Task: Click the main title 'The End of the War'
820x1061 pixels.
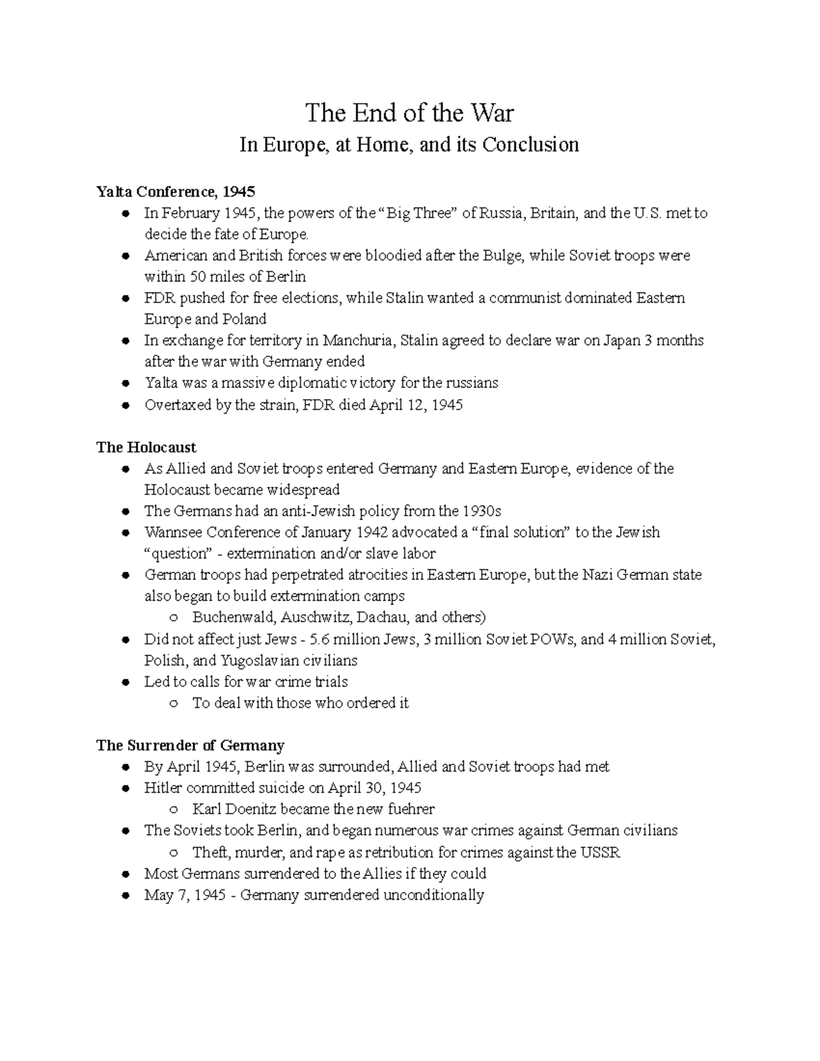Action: [x=409, y=113]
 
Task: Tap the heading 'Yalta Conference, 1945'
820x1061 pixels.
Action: [x=176, y=192]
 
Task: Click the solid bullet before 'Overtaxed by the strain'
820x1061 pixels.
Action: [x=125, y=405]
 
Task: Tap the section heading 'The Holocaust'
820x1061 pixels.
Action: [x=146, y=447]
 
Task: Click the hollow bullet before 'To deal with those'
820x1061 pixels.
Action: [x=174, y=704]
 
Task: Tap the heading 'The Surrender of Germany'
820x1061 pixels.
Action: [x=190, y=745]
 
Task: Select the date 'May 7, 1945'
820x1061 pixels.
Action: [x=184, y=895]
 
